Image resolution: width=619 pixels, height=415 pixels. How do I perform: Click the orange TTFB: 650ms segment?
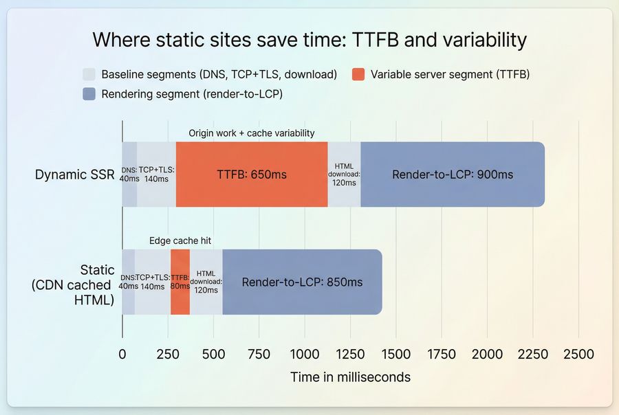point(252,175)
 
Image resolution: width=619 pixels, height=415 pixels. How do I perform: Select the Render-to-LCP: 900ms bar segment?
point(453,175)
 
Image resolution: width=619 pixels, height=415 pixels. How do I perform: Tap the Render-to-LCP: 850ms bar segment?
point(302,282)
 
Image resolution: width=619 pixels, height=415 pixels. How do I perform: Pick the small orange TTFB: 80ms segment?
point(180,282)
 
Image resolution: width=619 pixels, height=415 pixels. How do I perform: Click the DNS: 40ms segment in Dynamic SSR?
point(129,175)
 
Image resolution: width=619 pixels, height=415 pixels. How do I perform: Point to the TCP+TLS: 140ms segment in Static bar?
point(153,282)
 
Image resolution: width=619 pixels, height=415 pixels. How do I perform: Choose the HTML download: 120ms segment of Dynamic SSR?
point(344,175)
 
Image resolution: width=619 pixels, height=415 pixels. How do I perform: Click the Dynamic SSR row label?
point(74,175)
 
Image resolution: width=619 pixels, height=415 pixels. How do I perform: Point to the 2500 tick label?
point(578,355)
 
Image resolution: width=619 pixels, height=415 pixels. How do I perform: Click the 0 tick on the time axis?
point(122,355)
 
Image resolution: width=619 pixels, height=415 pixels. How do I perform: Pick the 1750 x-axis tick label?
point(442,355)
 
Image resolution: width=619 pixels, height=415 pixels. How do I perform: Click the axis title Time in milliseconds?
point(350,377)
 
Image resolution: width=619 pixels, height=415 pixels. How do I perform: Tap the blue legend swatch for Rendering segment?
point(89,94)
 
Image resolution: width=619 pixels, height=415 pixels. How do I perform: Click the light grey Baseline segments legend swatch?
point(89,74)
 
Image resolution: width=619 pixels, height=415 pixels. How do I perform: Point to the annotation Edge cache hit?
point(180,240)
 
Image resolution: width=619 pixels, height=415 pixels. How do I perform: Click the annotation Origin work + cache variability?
point(252,133)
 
